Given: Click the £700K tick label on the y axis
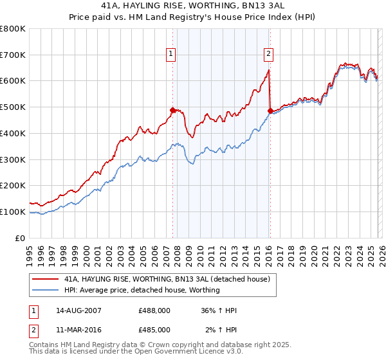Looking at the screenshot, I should pos(13,55).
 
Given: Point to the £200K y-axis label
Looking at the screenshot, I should pos(13,186).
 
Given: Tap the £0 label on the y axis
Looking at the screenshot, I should pos(21,238).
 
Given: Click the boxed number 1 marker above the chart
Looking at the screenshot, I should pos(172,55).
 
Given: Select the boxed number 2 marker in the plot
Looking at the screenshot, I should pos(268,55).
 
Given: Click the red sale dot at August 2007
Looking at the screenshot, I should pos(172,110).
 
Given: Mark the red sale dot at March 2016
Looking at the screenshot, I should pos(270,111).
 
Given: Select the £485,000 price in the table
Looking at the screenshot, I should pos(154,329).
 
